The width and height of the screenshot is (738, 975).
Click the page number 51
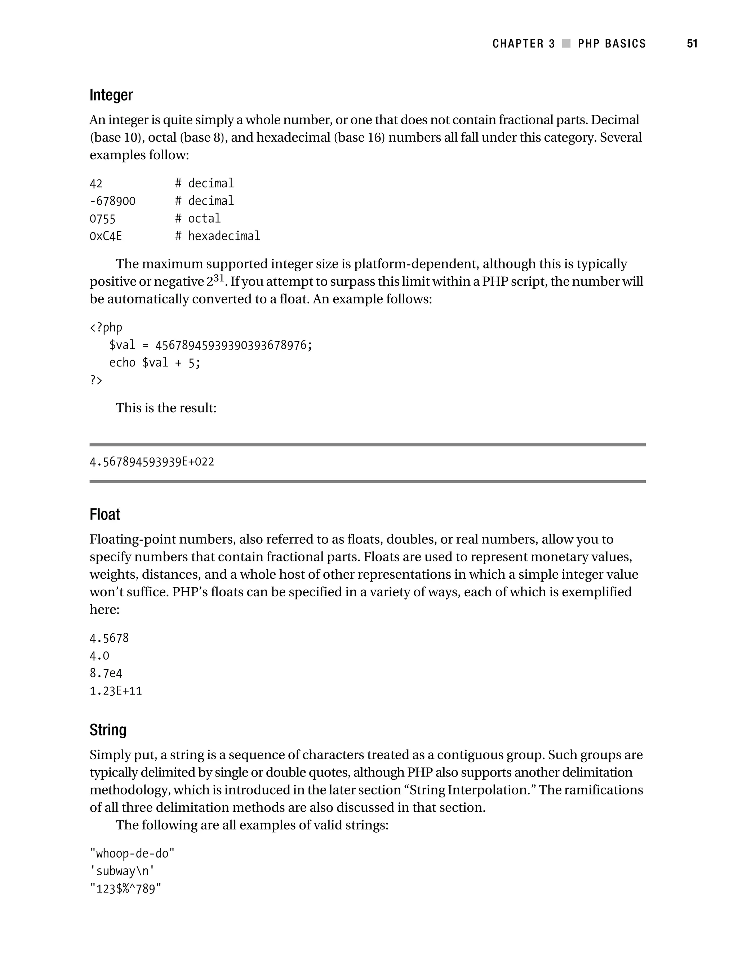pyautogui.click(x=692, y=44)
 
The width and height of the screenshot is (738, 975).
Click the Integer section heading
pyautogui.click(x=111, y=95)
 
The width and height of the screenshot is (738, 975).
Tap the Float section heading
pyautogui.click(x=105, y=515)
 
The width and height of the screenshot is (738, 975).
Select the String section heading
pyautogui.click(x=108, y=730)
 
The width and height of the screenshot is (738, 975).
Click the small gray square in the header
pyautogui.click(x=566, y=44)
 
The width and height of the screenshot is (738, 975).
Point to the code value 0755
pyautogui.click(x=102, y=219)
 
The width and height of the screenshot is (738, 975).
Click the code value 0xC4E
pyautogui.click(x=106, y=237)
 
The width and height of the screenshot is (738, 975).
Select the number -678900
pyautogui.click(x=113, y=201)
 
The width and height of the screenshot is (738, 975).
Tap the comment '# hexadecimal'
pyautogui.click(x=218, y=236)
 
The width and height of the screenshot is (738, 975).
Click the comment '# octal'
pyautogui.click(x=198, y=219)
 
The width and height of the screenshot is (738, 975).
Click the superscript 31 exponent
pyautogui.click(x=219, y=278)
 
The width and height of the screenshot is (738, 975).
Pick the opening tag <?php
pyautogui.click(x=106, y=328)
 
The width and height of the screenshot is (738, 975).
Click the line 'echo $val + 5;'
pyautogui.click(x=155, y=363)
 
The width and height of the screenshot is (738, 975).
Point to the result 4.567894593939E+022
pyautogui.click(x=152, y=462)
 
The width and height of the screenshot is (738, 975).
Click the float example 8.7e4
pyautogui.click(x=106, y=673)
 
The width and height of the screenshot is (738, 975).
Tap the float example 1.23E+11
pyautogui.click(x=116, y=691)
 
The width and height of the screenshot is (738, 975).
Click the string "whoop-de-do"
pyautogui.click(x=132, y=854)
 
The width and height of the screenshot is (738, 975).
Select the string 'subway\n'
pyautogui.click(x=122, y=872)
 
